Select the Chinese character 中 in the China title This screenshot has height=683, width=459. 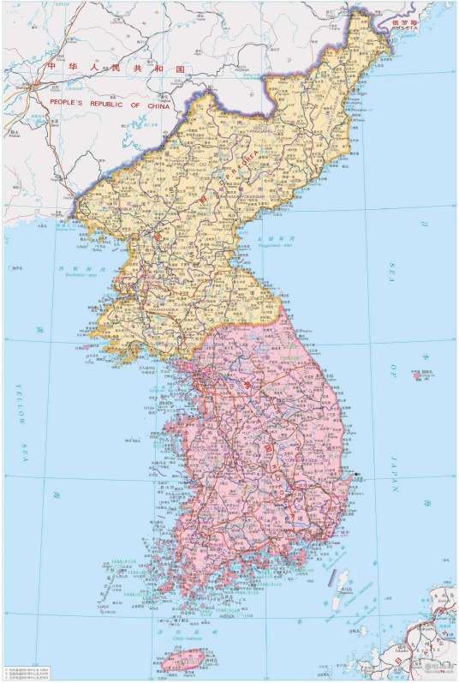(51, 66)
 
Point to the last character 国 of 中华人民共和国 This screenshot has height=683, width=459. (179, 66)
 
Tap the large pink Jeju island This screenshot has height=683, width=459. (183, 660)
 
